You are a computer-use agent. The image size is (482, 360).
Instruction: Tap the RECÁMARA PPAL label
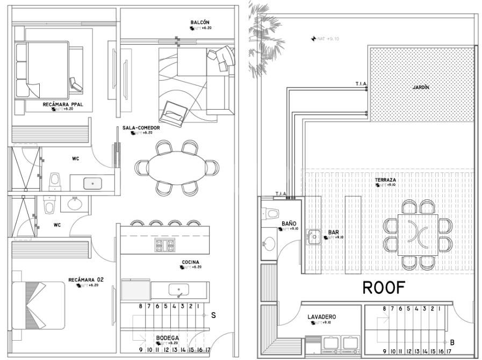63,104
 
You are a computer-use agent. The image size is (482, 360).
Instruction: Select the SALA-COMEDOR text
140,128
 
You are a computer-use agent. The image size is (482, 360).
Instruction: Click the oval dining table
177,168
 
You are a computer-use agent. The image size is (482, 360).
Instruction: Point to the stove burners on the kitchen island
165,245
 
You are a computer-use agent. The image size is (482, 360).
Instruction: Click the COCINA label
190,262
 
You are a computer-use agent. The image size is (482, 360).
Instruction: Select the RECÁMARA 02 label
85,280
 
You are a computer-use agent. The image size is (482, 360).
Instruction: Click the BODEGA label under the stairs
167,338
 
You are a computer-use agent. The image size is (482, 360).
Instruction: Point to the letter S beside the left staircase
213,316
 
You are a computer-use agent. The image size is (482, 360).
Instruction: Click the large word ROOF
384,288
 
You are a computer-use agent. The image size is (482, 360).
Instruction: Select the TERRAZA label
386,180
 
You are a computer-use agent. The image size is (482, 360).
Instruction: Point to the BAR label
333,232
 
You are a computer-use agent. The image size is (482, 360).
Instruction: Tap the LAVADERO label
322,317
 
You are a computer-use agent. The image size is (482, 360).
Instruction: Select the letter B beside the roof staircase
452,342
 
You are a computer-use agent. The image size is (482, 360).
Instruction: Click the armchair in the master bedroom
76,84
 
